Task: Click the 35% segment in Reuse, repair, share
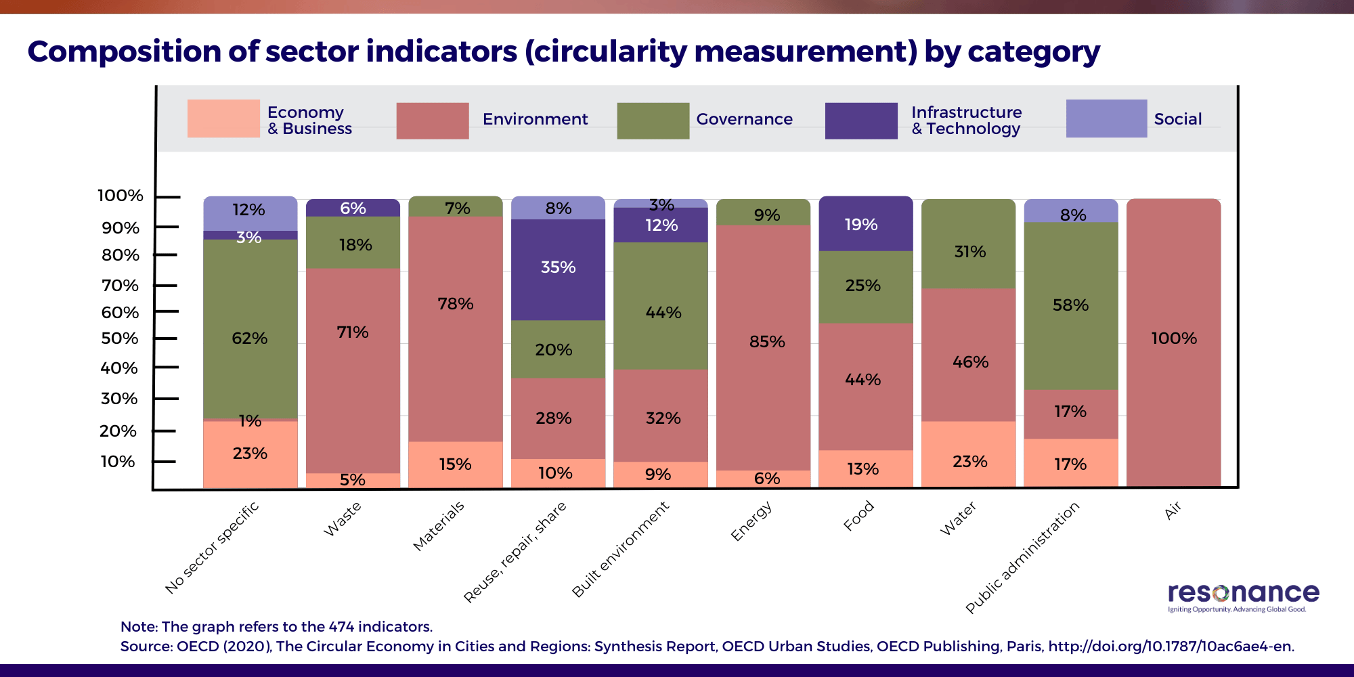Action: point(558,269)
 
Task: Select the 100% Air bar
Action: point(1173,342)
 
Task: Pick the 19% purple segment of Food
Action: point(865,224)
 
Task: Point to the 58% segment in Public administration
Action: point(1070,305)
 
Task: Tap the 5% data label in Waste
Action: point(353,480)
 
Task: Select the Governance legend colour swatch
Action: point(653,121)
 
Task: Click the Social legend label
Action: point(1177,119)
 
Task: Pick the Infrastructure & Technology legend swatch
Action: point(861,121)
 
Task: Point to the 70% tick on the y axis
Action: point(165,286)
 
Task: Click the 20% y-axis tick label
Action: point(118,431)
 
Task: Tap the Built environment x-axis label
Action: point(620,549)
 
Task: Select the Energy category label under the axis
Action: point(751,521)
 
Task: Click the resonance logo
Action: point(1243,596)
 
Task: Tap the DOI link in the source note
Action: point(1171,647)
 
